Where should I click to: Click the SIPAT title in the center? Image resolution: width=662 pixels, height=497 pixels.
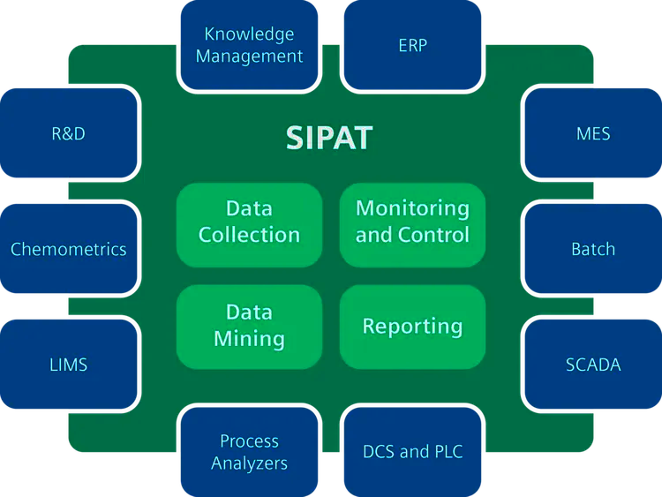(329, 139)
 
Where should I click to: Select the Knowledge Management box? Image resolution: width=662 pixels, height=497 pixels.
(249, 45)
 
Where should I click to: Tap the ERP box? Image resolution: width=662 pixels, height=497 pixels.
(412, 45)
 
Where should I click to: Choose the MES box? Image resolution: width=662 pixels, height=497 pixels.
(592, 134)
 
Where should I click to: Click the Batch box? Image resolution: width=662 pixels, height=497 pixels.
(592, 249)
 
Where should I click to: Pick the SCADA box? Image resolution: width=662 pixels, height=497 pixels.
(592, 364)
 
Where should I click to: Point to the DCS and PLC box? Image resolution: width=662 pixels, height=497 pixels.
(412, 451)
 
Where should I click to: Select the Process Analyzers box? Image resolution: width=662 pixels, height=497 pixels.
(249, 451)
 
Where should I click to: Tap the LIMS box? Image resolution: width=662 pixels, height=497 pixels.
(69, 364)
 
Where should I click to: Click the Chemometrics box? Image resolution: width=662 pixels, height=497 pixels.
(69, 249)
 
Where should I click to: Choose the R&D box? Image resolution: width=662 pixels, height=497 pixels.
(69, 134)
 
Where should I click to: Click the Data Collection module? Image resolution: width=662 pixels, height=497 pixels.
(249, 222)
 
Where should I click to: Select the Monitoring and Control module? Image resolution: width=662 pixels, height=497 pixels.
(412, 222)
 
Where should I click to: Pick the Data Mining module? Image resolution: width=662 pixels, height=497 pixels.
(249, 326)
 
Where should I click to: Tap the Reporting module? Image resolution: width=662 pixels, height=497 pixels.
(412, 326)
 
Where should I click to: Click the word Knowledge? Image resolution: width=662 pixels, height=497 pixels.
(249, 34)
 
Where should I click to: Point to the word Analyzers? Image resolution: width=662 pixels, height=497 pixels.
(249, 463)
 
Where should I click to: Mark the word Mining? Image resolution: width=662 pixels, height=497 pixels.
(249, 339)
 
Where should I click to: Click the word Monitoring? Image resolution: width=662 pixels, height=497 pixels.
(412, 209)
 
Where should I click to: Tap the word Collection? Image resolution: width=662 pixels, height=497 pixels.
(249, 236)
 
